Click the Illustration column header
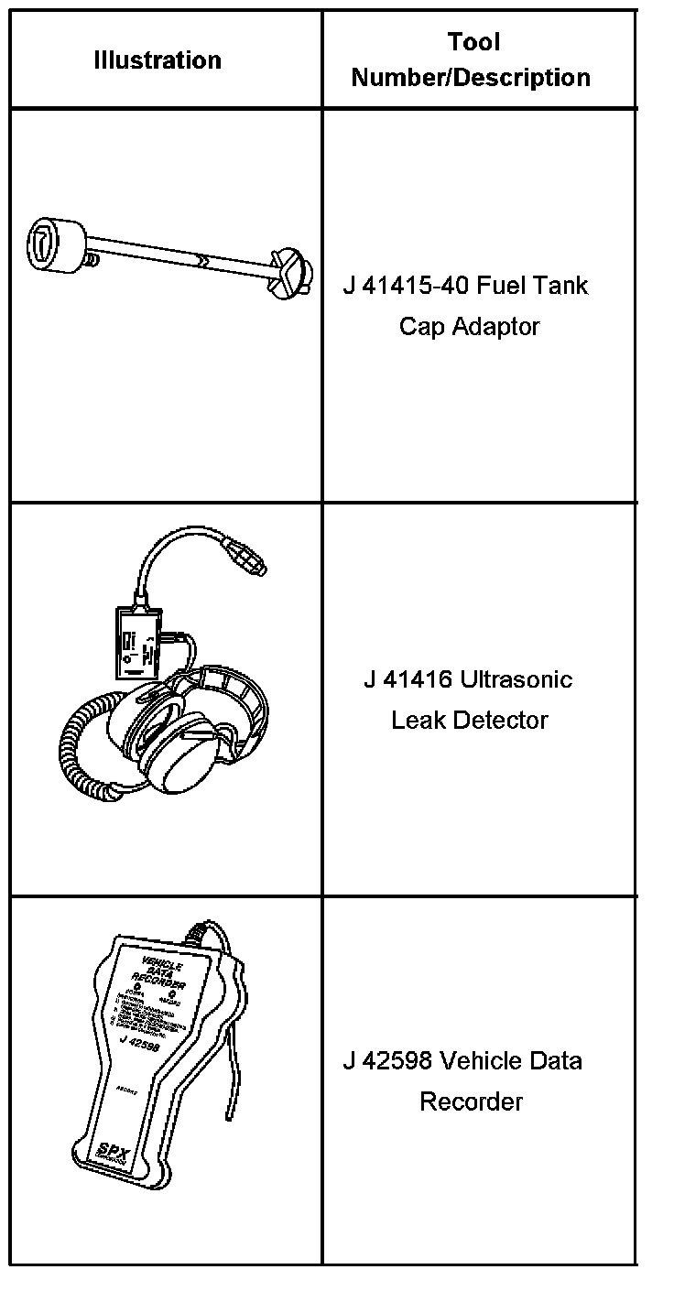[x=158, y=60]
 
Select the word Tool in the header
[x=473, y=42]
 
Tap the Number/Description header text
[x=471, y=78]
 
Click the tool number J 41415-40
[x=406, y=286]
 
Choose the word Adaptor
[x=495, y=327]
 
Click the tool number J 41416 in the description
[x=407, y=679]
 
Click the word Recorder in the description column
[x=471, y=1101]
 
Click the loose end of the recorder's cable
[x=226, y=1115]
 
